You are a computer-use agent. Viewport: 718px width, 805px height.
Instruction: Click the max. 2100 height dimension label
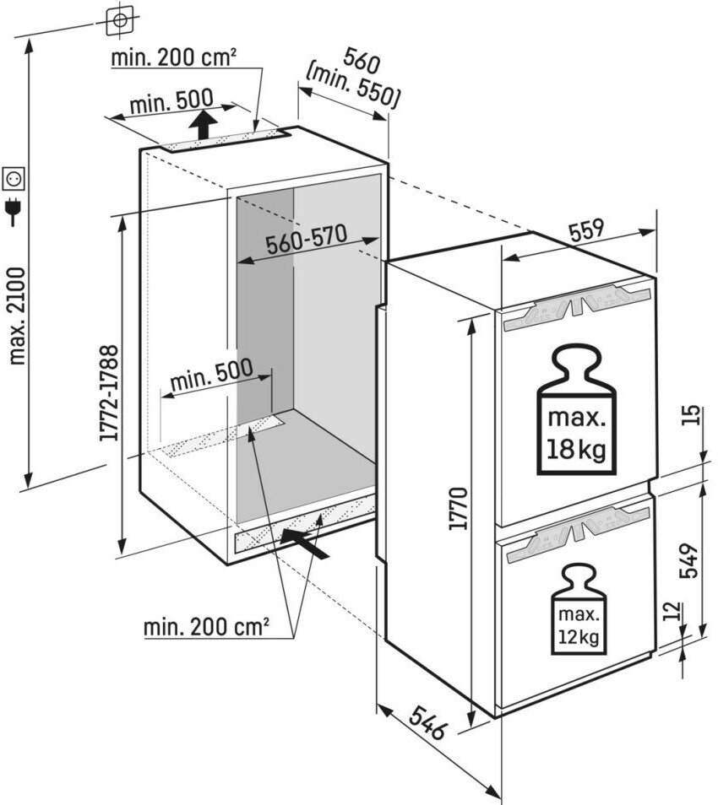(17, 316)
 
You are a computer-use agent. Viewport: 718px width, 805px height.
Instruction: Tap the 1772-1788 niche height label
(108, 392)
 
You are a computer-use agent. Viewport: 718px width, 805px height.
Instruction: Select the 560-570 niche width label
(306, 241)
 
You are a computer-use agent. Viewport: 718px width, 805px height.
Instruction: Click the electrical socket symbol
(14, 178)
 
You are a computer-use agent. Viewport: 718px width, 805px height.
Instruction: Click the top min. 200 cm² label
(172, 57)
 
